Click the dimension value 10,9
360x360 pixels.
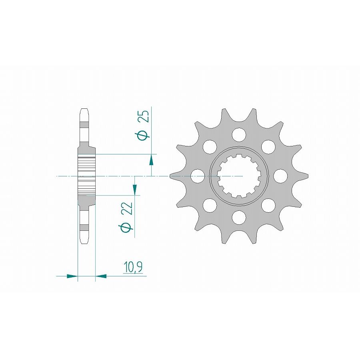click(133, 268)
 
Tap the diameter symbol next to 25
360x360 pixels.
click(144, 134)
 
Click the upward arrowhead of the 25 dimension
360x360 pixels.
click(151, 160)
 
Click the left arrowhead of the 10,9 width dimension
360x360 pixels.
click(72, 276)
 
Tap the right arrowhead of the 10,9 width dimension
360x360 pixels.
click(101, 276)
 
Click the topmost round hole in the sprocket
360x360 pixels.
click(239, 134)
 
